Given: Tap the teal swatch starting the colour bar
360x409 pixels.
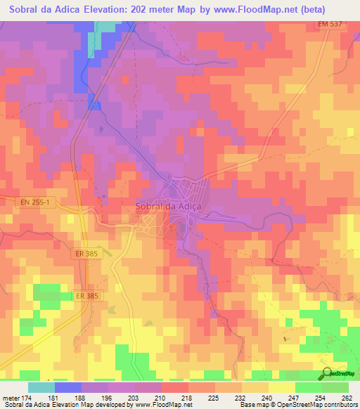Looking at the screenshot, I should pos(41,387).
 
